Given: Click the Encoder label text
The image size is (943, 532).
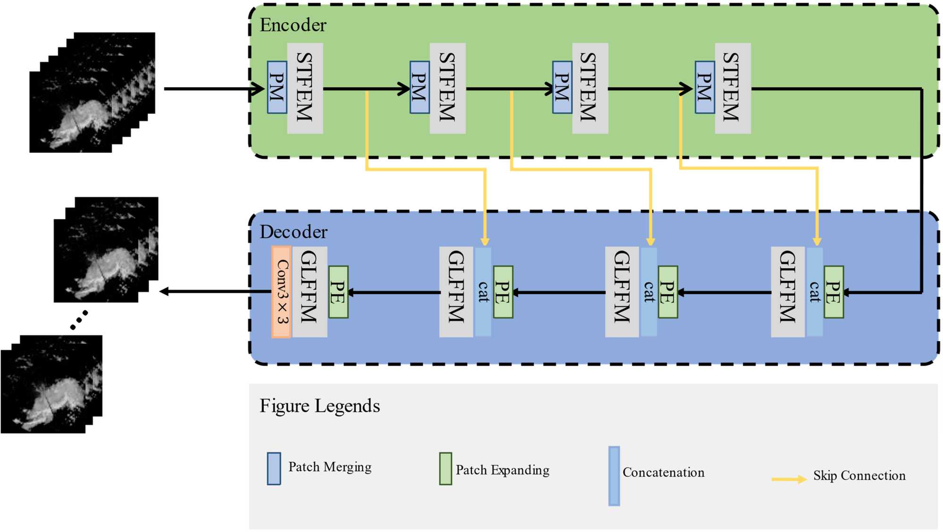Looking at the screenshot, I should coord(293,25).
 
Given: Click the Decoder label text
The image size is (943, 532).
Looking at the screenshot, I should coord(293,232).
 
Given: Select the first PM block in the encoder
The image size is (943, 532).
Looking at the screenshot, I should coord(277,87).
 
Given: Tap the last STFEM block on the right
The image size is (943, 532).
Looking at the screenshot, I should coord(733,88).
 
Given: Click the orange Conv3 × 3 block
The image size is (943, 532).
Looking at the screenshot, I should coord(282,292).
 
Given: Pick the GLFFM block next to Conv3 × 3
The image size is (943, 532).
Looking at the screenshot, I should coord(309,292).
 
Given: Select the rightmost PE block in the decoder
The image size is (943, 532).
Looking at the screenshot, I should coord(834,292).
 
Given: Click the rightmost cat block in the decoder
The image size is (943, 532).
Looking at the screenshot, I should coord(815,292).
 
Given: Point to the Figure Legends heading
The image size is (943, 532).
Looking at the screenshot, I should coord(320,406).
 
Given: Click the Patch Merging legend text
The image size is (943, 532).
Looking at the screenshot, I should coord(330,467).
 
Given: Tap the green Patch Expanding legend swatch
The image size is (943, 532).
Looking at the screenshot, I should coord(445,469).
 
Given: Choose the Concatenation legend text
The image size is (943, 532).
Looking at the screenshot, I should coord(663,472).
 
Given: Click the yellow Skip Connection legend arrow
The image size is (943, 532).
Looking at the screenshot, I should coord(789,479).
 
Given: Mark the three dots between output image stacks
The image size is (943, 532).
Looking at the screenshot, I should coord(79,320).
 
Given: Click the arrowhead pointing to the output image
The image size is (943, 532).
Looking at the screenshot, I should coord(164,292).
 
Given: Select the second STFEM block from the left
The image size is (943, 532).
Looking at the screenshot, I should coord(448,88).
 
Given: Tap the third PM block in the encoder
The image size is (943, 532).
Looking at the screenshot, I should coord(562,87).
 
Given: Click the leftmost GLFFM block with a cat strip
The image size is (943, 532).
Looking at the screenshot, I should coord(456,292).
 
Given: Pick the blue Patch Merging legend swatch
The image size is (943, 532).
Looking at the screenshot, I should coord(274,469).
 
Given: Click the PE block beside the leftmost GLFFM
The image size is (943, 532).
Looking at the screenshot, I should coord(338,292).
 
